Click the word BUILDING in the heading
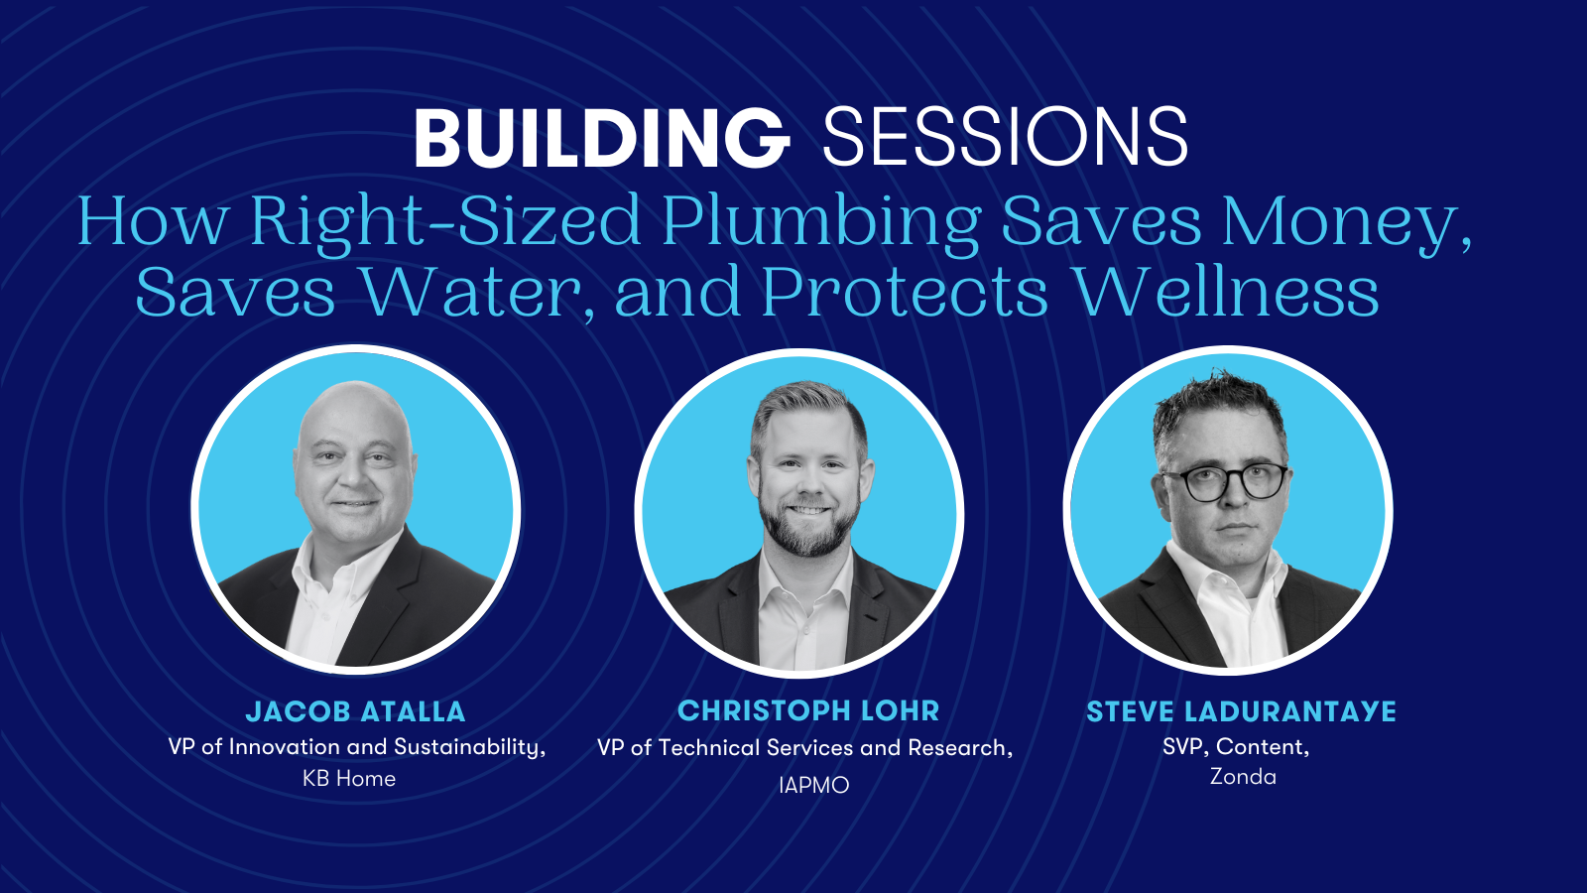coord(602,138)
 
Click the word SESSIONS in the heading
coord(1005,138)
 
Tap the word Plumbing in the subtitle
coord(821,222)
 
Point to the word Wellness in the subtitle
coord(1228,292)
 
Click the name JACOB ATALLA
coord(356,711)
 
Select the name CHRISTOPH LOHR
coord(808,710)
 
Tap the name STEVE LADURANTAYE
coord(1241,711)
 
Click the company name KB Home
coord(349,778)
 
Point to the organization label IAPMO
coord(813,785)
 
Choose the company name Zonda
coord(1243,777)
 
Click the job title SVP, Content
coord(1236,747)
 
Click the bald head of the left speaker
coord(354,411)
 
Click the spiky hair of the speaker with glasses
coord(1219,408)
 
